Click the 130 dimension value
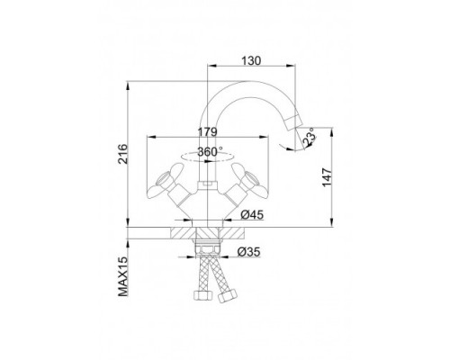pyautogui.click(x=251, y=60)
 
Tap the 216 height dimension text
pyautogui.click(x=122, y=154)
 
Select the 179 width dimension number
pyautogui.click(x=207, y=131)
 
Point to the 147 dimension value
pyautogui.click(x=327, y=177)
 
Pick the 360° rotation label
pyautogui.click(x=211, y=152)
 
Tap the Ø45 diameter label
pyautogui.click(x=252, y=214)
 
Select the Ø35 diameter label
pyautogui.click(x=249, y=252)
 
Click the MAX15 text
pyautogui.click(x=122, y=276)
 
